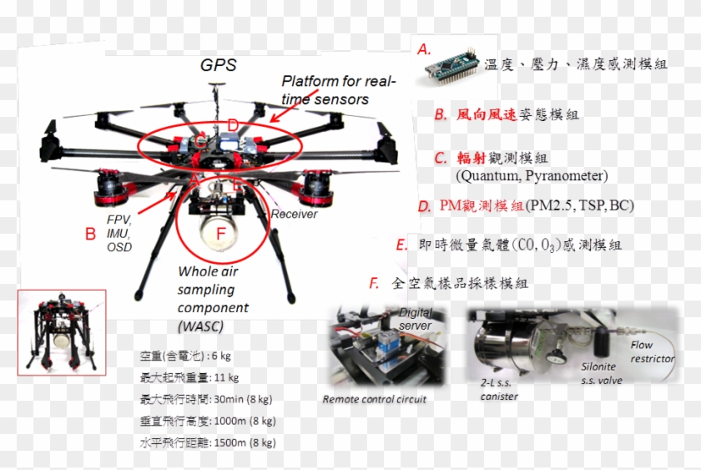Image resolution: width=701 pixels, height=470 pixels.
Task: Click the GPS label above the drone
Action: (218, 65)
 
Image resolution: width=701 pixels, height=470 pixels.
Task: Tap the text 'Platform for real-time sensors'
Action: (337, 90)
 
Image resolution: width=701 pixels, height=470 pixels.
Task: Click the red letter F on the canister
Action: (221, 235)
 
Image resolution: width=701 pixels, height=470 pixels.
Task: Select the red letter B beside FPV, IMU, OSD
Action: (90, 234)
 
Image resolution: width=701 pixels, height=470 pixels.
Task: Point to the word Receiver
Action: (293, 215)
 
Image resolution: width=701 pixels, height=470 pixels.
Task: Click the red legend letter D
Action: (424, 206)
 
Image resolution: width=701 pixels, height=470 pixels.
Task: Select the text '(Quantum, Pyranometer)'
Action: (532, 176)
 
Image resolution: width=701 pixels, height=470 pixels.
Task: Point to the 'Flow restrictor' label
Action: (653, 351)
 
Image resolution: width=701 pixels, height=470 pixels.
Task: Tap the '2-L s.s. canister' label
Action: (498, 390)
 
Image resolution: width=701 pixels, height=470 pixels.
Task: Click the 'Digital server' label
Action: (416, 318)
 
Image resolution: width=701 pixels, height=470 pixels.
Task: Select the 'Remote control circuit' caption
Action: (375, 399)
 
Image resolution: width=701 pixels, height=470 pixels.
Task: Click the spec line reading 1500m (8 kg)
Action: (208, 442)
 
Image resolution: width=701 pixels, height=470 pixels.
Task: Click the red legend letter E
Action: (402, 245)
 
